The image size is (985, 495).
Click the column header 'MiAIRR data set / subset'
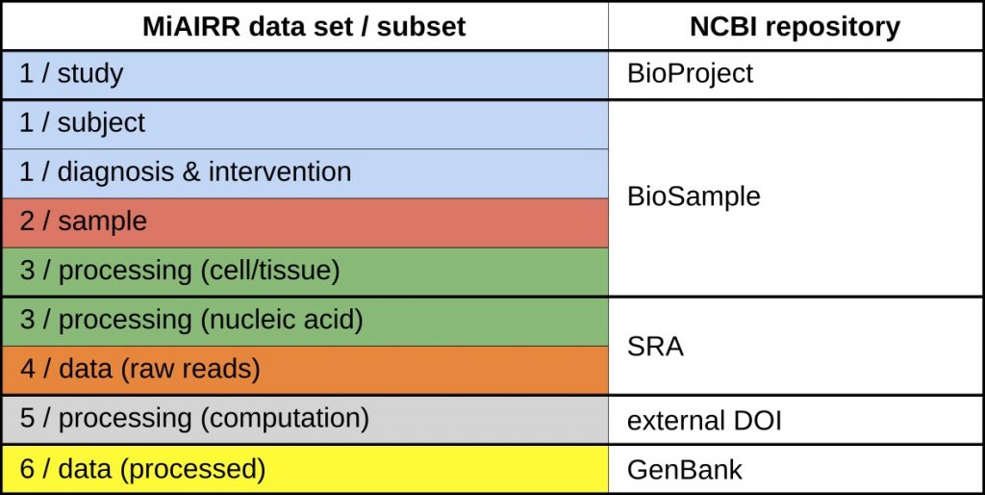(304, 26)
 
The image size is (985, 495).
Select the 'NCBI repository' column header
(795, 26)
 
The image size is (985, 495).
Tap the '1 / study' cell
(305, 75)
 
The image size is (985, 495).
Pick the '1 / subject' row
(305, 124)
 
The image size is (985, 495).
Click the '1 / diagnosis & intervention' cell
(305, 173)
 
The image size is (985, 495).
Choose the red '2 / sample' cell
(305, 222)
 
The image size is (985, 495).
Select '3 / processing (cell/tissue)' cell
(305, 271)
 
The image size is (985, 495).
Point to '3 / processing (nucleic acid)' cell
(305, 321)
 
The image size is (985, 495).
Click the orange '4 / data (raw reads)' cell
(305, 370)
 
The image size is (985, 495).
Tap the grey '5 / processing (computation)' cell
(305, 420)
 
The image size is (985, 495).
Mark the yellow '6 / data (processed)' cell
(305, 469)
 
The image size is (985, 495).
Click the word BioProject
(690, 74)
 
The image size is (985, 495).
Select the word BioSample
(694, 196)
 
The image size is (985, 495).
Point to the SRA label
(655, 347)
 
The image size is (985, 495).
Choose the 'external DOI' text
(704, 421)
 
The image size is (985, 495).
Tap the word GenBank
(685, 470)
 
